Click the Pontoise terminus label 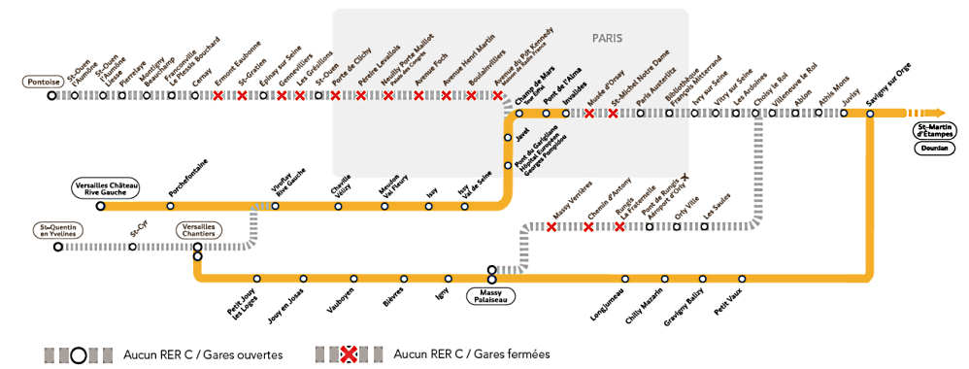[44, 83]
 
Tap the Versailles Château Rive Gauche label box [106, 186]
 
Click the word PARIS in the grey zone [607, 38]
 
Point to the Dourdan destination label [933, 149]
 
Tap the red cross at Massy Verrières [551, 227]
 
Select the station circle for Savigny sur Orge [869, 114]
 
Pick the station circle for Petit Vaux [743, 279]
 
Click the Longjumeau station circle [625, 279]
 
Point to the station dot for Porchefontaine [171, 206]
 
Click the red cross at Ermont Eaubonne [218, 96]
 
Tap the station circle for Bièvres [404, 279]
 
